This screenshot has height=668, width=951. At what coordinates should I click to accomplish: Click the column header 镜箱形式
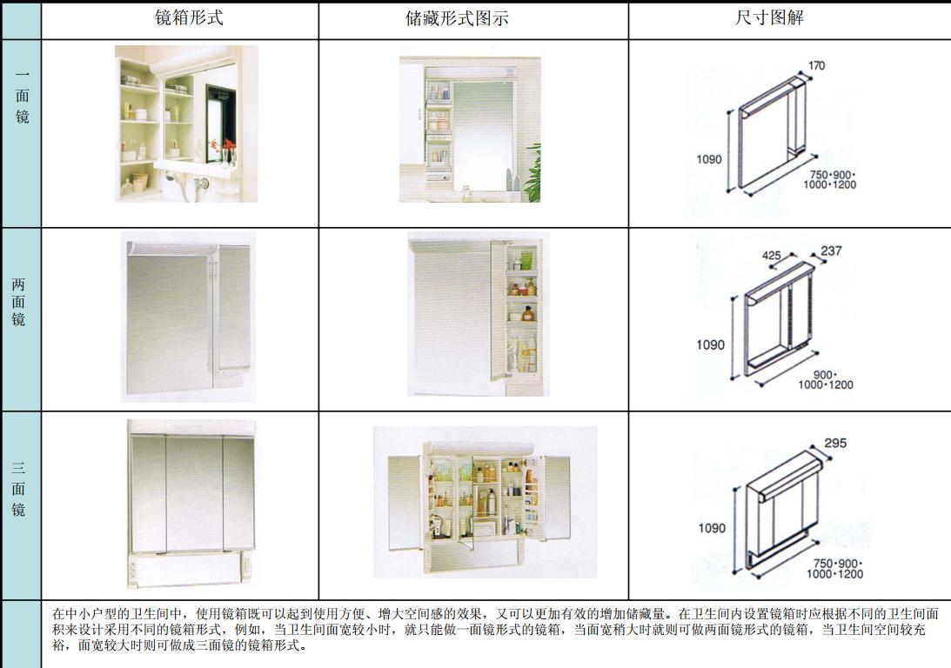(188, 17)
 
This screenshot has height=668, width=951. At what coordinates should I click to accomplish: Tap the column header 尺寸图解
(769, 18)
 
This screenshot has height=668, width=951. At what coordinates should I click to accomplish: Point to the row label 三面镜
(19, 490)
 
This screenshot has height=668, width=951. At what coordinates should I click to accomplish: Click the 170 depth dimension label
(816, 65)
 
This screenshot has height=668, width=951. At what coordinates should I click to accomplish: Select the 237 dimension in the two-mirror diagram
(831, 251)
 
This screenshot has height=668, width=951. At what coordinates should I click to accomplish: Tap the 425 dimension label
(770, 256)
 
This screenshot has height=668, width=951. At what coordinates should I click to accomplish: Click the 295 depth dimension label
(834, 443)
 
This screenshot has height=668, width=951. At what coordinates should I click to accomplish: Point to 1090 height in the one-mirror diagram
(709, 159)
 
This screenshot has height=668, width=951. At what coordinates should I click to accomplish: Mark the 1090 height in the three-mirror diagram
(711, 528)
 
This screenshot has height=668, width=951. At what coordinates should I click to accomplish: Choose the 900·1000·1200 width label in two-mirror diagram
(825, 379)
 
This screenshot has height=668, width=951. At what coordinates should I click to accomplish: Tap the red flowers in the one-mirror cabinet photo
(229, 145)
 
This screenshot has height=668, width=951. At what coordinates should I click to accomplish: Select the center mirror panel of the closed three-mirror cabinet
(194, 492)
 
